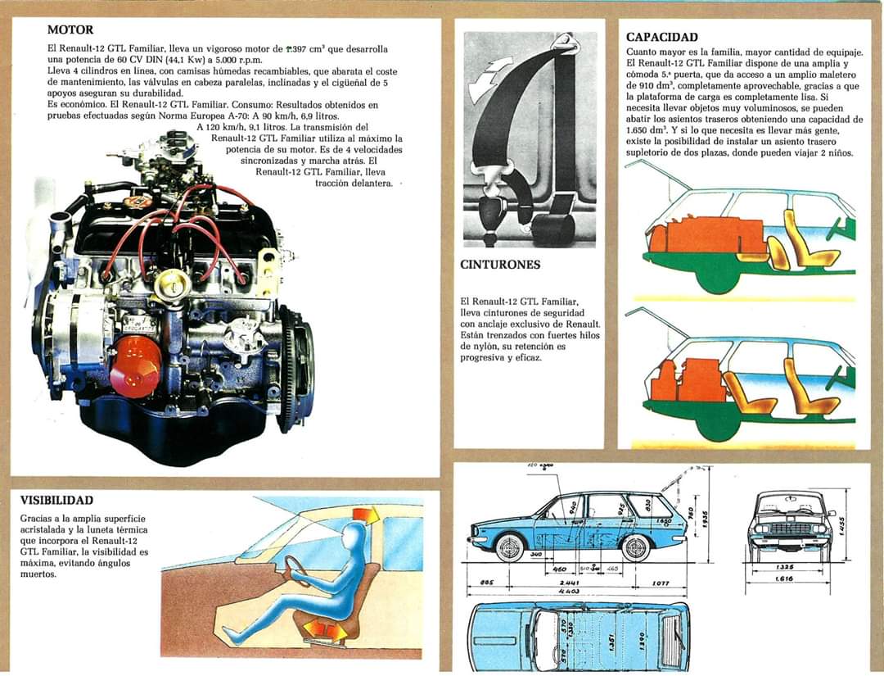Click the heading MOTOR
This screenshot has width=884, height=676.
[x=71, y=30]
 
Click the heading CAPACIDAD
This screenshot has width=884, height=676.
[x=661, y=37]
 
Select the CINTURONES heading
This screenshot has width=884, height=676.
[x=500, y=265]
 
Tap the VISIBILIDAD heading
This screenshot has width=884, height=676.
[x=56, y=500]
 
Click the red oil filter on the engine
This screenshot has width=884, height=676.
[x=135, y=367]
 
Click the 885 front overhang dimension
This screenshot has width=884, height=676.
[x=486, y=583]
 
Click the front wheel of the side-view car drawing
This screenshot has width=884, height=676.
[x=509, y=547]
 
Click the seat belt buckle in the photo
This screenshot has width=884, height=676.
[x=492, y=215]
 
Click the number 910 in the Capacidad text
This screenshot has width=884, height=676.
[x=638, y=84]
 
